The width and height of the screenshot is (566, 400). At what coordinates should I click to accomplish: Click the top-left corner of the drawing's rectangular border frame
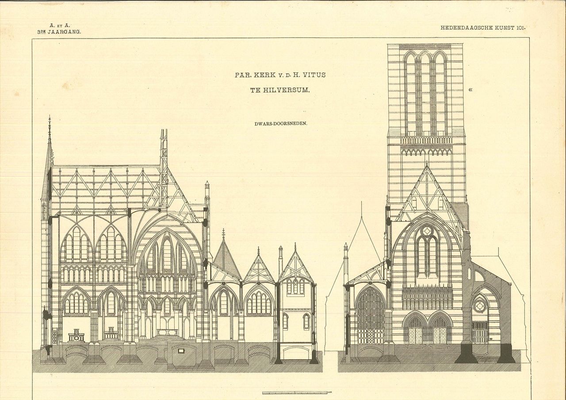pos(32,38)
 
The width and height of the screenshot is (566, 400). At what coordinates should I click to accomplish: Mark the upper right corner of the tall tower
pos(463,44)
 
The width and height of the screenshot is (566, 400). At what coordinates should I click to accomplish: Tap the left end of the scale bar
pos(263,392)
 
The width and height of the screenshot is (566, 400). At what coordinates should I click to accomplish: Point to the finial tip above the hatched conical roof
pos(223,229)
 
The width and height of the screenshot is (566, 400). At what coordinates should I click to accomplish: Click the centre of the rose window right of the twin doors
pos(479,306)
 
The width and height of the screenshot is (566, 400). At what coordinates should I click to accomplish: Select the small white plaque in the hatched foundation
pos(181,350)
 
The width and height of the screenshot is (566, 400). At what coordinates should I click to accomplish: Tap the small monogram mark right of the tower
pos(470,89)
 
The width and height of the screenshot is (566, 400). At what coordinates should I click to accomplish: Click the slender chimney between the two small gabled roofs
pos(280,259)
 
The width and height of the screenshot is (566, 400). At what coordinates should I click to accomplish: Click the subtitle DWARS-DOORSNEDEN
pos(281,124)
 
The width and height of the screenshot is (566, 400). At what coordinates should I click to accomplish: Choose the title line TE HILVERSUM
pos(280,90)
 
